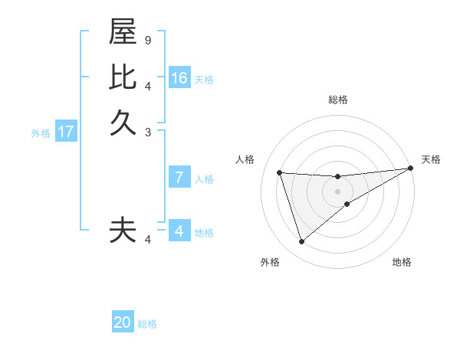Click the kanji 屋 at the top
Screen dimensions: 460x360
(x=123, y=33)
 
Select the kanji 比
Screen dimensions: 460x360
(x=123, y=77)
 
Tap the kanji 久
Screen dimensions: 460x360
(x=123, y=123)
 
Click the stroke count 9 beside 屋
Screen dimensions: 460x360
(x=147, y=40)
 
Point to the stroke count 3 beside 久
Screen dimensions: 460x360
(x=147, y=132)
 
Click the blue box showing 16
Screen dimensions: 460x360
(x=179, y=78)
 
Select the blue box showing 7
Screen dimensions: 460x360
(x=179, y=178)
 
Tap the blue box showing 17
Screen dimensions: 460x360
(x=66, y=132)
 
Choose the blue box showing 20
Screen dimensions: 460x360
(x=123, y=322)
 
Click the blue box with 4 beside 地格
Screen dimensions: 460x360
(x=179, y=231)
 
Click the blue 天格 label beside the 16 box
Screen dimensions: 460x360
(x=204, y=80)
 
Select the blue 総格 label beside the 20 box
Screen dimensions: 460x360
(x=147, y=324)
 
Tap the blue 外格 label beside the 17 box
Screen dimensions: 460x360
(x=41, y=133)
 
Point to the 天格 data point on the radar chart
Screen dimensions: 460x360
(x=410, y=169)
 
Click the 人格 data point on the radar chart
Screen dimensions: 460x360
(x=280, y=172)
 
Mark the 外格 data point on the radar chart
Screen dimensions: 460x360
(x=301, y=242)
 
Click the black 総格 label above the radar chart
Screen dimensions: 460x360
(x=337, y=100)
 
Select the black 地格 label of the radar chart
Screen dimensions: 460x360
(x=402, y=262)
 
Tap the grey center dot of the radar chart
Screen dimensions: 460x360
(x=337, y=191)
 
